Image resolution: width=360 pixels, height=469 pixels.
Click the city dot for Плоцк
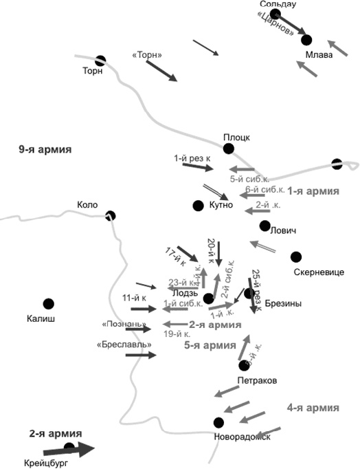click(x=228, y=148)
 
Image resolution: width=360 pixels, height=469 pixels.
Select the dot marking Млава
click(x=306, y=40)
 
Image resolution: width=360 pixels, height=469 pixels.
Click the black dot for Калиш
click(x=49, y=303)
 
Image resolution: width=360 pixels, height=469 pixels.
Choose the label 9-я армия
click(x=45, y=149)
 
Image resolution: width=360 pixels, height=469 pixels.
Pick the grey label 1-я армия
click(x=313, y=191)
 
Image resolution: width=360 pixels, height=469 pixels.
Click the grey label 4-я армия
click(x=313, y=407)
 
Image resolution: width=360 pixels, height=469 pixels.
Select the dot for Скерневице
click(x=296, y=257)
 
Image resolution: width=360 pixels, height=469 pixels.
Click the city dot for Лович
click(x=265, y=226)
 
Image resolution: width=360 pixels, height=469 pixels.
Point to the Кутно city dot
click(x=199, y=205)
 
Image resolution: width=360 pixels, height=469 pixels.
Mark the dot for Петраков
click(x=243, y=365)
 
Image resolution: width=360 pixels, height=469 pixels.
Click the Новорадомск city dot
click(x=218, y=422)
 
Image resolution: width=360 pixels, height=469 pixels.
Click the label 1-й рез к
click(x=192, y=158)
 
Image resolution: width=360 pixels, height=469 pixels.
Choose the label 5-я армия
click(x=207, y=346)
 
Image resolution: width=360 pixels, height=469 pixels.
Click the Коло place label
click(x=87, y=204)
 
